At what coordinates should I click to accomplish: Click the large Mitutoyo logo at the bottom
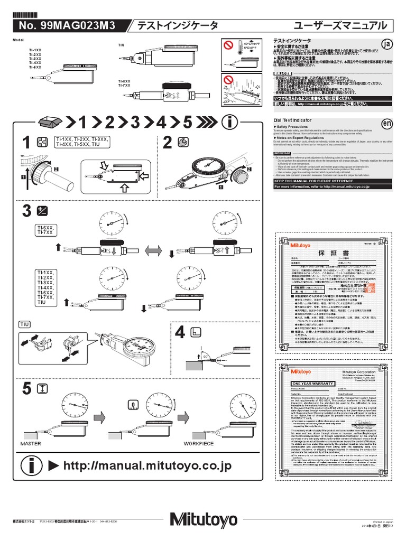pyautogui.click(x=204, y=520)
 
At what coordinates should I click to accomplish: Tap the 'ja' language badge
pyautogui.click(x=387, y=44)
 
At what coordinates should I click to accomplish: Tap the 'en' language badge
pyautogui.click(x=387, y=123)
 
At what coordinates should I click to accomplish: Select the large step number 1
pyautogui.click(x=26, y=143)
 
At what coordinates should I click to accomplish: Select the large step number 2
pyautogui.click(x=168, y=143)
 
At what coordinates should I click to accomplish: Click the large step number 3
pyautogui.click(x=26, y=211)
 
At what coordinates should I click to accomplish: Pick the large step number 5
pyautogui.click(x=26, y=389)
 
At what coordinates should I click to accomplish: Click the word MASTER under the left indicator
pyautogui.click(x=31, y=444)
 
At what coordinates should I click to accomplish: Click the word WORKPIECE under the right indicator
pyautogui.click(x=199, y=444)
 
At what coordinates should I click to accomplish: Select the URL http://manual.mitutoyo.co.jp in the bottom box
pyautogui.click(x=147, y=465)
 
